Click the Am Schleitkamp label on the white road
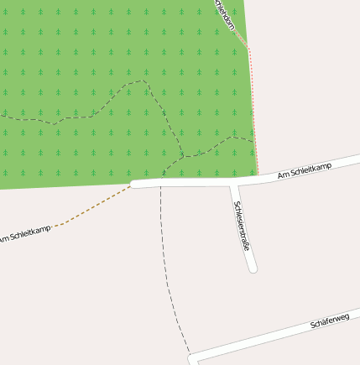(x=305, y=170)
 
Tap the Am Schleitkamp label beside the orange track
(x=25, y=234)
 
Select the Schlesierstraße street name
(x=243, y=226)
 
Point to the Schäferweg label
(x=329, y=321)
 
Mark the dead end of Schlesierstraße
(x=252, y=269)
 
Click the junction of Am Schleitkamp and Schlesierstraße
(x=234, y=180)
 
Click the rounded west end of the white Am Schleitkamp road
(x=133, y=184)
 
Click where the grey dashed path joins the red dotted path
(x=253, y=140)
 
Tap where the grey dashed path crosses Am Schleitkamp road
(x=162, y=183)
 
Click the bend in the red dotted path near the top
(x=249, y=48)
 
